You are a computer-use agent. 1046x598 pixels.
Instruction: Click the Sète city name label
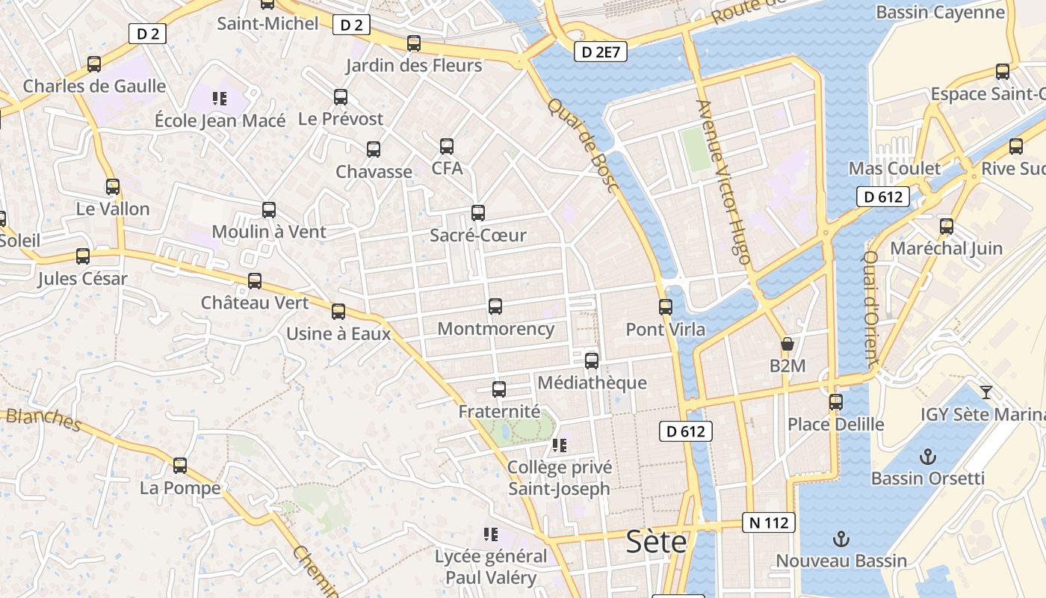656,541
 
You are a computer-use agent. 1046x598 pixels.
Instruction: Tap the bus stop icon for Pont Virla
666,306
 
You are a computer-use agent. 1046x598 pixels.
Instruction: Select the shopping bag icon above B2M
787,344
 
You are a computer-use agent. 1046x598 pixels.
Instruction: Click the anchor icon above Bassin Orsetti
927,456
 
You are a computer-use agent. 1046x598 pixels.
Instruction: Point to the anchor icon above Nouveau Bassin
841,538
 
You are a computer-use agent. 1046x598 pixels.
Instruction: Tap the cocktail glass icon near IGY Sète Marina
986,392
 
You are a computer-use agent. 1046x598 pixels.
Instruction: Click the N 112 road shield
768,523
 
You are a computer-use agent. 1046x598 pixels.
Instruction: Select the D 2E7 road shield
601,52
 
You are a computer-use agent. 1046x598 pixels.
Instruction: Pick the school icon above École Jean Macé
219,98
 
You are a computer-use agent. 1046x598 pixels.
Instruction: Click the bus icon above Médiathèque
592,360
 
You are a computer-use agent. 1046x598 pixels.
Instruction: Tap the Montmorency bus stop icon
495,306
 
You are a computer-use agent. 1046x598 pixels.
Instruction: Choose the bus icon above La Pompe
180,466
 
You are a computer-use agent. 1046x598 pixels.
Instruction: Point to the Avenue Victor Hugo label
722,182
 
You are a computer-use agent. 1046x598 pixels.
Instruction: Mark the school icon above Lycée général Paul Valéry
491,534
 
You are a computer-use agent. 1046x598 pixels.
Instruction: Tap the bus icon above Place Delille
836,402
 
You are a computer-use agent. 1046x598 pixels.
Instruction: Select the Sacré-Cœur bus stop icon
478,213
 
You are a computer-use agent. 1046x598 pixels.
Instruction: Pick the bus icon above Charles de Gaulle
94,64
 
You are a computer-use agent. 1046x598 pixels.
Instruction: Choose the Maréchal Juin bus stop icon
947,226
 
